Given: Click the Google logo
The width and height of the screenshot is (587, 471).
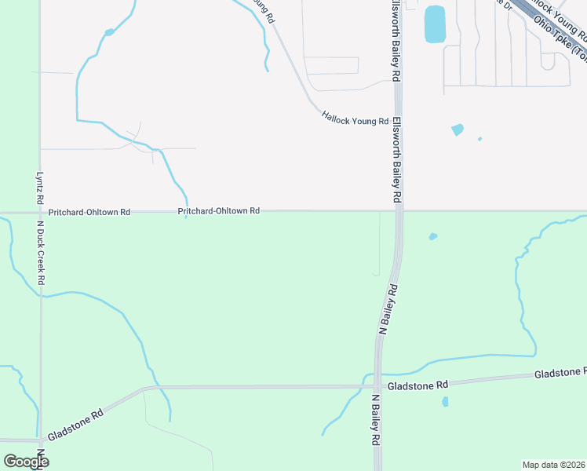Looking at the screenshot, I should (26, 461).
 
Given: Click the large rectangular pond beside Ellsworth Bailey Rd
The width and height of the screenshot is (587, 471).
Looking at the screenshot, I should (435, 24).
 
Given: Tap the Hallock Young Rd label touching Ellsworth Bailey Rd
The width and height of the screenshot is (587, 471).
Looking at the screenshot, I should (355, 119).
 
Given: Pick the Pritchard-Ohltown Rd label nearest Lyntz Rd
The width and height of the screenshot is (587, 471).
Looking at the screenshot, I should (89, 212).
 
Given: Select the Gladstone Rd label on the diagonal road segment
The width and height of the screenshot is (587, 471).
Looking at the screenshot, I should (76, 424).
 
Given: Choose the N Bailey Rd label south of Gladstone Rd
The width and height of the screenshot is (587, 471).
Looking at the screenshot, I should (376, 421).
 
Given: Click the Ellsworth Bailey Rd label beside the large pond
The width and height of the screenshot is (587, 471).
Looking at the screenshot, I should (395, 39).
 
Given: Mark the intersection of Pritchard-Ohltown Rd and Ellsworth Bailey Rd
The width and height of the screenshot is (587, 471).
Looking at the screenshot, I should (399, 210).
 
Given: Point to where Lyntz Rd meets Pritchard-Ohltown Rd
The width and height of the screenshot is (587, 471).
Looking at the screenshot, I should (40, 212).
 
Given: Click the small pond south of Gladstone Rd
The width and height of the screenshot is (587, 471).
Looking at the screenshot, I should (445, 402).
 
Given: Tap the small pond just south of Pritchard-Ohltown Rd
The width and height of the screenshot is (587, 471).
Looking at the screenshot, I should (432, 236).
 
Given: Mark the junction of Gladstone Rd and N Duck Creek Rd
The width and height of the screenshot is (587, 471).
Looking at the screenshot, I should (40, 439).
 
